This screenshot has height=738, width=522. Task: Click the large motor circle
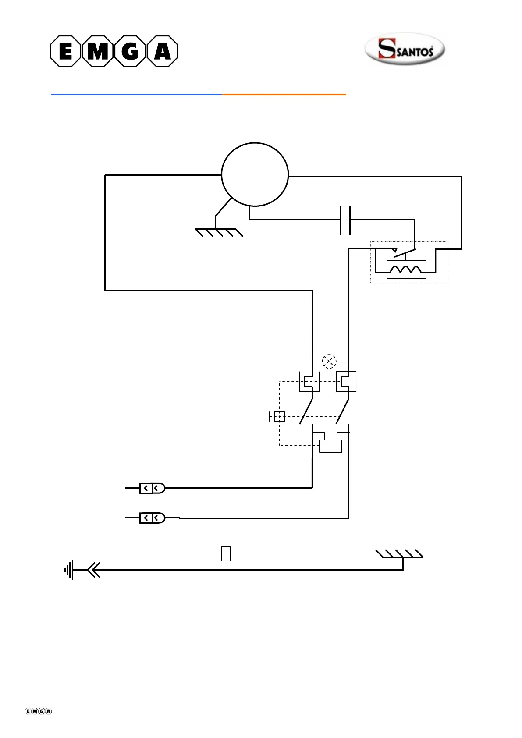coord(255,174)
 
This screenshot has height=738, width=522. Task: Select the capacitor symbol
coord(345,220)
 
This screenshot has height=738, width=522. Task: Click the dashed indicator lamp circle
coord(329,362)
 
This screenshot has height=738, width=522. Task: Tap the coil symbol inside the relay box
coord(406,270)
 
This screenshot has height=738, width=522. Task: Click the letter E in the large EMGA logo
coord(65,51)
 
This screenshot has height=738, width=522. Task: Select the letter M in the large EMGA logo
coord(97,51)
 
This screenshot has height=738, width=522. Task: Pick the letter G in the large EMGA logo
coord(130,51)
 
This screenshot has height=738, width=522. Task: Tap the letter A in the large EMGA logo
coord(162,51)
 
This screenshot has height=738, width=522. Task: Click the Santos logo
coord(405,49)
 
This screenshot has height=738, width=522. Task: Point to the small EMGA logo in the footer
coord(38,711)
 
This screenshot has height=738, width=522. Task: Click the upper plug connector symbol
coord(152,488)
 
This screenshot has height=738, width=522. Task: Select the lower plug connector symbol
coord(152,518)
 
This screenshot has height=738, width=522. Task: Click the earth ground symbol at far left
coord(69,570)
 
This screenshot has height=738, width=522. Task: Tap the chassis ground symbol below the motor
coord(218,232)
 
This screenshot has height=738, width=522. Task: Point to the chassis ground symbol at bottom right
coord(399,554)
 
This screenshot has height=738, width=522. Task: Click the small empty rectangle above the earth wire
coord(226,553)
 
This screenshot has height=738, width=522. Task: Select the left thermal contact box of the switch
coord(309,381)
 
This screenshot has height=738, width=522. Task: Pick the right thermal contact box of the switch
coord(346,381)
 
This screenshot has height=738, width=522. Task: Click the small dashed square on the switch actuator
coord(280,416)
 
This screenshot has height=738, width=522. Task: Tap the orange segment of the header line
coord(284,94)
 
